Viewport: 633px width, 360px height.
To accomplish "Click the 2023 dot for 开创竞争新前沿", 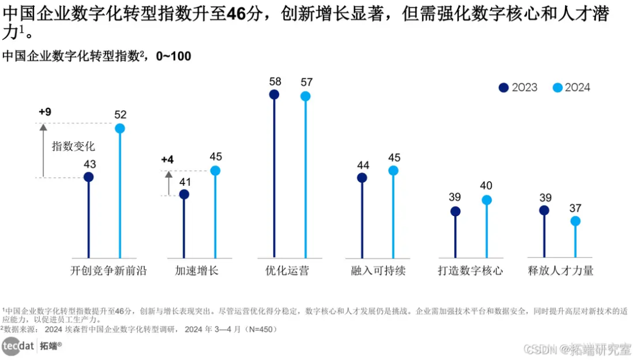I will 89,177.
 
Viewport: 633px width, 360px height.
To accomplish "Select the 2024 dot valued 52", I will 120,128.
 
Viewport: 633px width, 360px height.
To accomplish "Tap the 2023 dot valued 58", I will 274,94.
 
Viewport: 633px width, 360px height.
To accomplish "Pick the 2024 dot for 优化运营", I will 305,96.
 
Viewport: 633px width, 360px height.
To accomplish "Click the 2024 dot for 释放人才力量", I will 575,221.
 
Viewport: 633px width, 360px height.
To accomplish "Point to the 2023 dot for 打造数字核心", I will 455,212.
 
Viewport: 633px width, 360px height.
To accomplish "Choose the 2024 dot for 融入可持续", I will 393,171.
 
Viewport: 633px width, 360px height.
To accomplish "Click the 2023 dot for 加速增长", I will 184,195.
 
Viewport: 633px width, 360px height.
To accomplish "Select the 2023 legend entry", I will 518,87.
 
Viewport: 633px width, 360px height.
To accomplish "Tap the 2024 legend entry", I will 571,87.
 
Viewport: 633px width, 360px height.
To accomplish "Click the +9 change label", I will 45,111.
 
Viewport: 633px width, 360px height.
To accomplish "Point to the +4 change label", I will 168,159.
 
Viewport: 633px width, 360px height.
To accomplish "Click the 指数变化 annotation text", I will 73,146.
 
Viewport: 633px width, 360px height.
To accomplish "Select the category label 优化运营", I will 287,270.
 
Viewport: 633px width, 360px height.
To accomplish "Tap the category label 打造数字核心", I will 471,270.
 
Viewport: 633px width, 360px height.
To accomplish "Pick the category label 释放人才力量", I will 560,270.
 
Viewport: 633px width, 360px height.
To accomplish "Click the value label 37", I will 576,208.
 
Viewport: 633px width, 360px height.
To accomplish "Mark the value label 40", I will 486,186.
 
